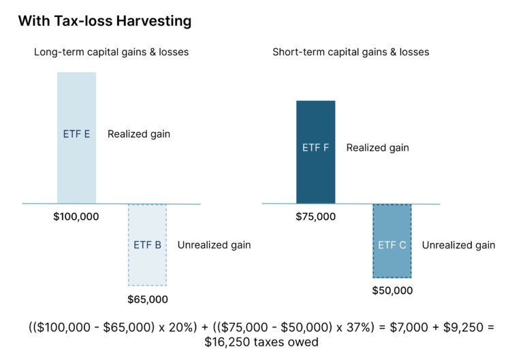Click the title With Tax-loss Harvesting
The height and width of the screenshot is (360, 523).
point(104,21)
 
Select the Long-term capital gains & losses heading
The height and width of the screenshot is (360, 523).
point(112,52)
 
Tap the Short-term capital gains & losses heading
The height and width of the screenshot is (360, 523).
point(351,52)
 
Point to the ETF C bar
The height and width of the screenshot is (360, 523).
point(392,241)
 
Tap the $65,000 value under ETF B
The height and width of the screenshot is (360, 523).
point(147,299)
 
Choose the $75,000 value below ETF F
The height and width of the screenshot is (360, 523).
point(315,217)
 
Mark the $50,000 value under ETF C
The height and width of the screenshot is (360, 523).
point(392,291)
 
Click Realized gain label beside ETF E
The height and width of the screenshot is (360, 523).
point(139,134)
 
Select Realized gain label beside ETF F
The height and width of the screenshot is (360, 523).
point(377,148)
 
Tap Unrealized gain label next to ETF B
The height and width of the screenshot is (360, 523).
point(214,245)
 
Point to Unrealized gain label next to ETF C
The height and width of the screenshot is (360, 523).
point(458,245)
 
